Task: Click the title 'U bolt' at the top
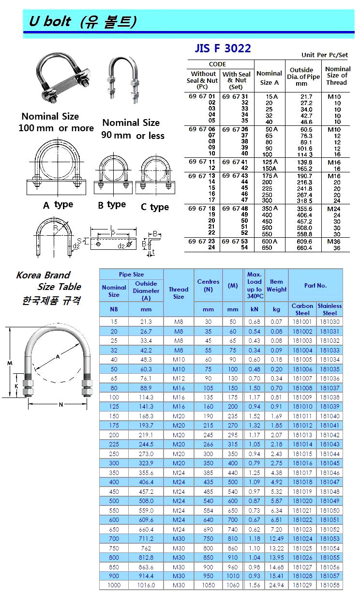click(49, 21)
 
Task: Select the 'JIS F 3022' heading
click(223, 48)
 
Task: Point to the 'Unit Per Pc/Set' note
click(325, 55)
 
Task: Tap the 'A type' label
click(58, 205)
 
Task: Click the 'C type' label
click(154, 207)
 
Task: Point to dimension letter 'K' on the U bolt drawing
click(17, 386)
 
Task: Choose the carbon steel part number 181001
click(302, 321)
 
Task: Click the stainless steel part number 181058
click(330, 585)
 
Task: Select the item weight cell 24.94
click(276, 585)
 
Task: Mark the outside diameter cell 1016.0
click(146, 585)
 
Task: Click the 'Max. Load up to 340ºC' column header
click(255, 285)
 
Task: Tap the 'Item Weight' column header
click(276, 285)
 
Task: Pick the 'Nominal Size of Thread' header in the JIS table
click(337, 76)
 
